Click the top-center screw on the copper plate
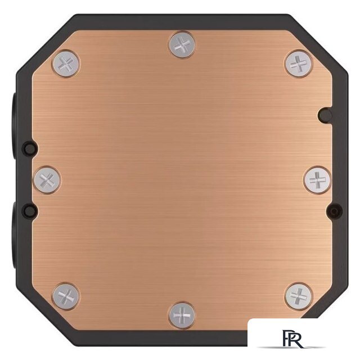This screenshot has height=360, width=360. point(181,45)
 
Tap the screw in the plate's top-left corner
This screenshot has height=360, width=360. point(66,64)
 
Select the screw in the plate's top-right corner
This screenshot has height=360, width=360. point(299,64)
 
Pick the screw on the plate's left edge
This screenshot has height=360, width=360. point(47,180)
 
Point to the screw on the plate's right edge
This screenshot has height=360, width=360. point(317,180)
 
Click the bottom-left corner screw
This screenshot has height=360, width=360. point(66,296)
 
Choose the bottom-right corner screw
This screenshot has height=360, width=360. point(299,296)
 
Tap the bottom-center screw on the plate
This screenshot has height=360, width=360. point(182,315)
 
